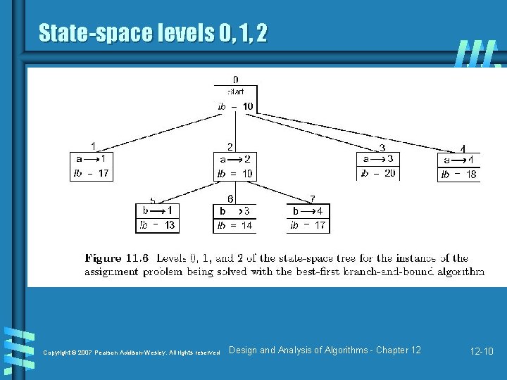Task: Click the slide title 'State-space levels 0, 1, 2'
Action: [153, 32]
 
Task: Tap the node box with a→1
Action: [92, 166]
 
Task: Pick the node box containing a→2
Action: [236, 166]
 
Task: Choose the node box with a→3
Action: [378, 166]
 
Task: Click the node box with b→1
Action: [157, 217]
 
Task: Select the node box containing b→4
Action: [308, 217]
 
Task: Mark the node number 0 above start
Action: [235, 80]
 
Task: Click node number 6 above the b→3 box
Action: [230, 199]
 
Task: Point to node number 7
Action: [312, 199]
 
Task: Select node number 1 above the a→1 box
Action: [94, 146]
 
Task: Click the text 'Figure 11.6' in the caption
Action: [115, 258]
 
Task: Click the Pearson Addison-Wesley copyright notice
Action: [132, 352]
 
